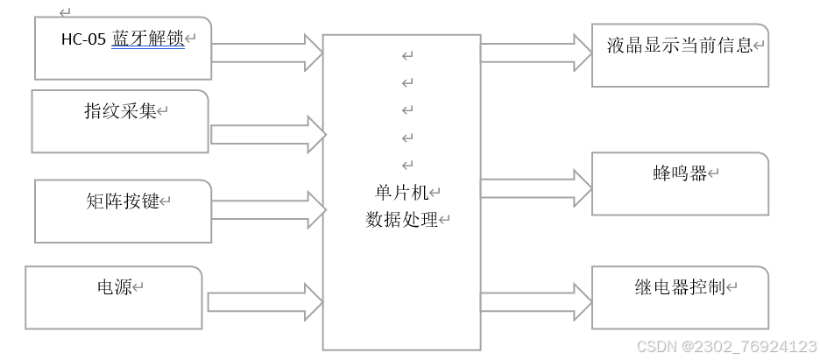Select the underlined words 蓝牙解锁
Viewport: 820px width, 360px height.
point(148,39)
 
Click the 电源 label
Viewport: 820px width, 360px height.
point(114,286)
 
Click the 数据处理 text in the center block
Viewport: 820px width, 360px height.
point(401,220)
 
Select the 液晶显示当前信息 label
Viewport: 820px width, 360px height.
point(680,46)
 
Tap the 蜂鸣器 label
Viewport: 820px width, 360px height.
point(680,173)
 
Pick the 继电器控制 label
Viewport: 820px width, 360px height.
point(680,287)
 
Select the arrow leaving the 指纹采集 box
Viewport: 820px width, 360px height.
point(268,134)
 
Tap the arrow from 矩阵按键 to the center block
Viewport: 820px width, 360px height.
point(268,207)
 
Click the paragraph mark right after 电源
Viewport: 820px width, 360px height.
point(138,287)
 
